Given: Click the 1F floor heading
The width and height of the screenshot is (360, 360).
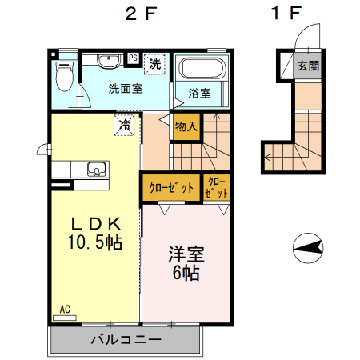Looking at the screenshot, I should click(x=287, y=14).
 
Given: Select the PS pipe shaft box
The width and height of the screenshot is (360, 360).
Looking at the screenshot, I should click(x=133, y=58).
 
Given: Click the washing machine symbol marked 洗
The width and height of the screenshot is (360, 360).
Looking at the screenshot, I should click(x=154, y=62).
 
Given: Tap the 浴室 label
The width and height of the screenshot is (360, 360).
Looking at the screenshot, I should click(x=200, y=93).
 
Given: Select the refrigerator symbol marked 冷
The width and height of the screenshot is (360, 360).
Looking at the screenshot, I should click(x=124, y=125).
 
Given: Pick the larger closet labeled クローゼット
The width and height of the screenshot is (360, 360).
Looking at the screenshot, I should click(x=170, y=189).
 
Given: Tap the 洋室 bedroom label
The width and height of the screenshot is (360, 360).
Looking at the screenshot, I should click(x=186, y=255).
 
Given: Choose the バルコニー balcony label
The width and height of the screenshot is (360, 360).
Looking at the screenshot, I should click(x=126, y=339).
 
